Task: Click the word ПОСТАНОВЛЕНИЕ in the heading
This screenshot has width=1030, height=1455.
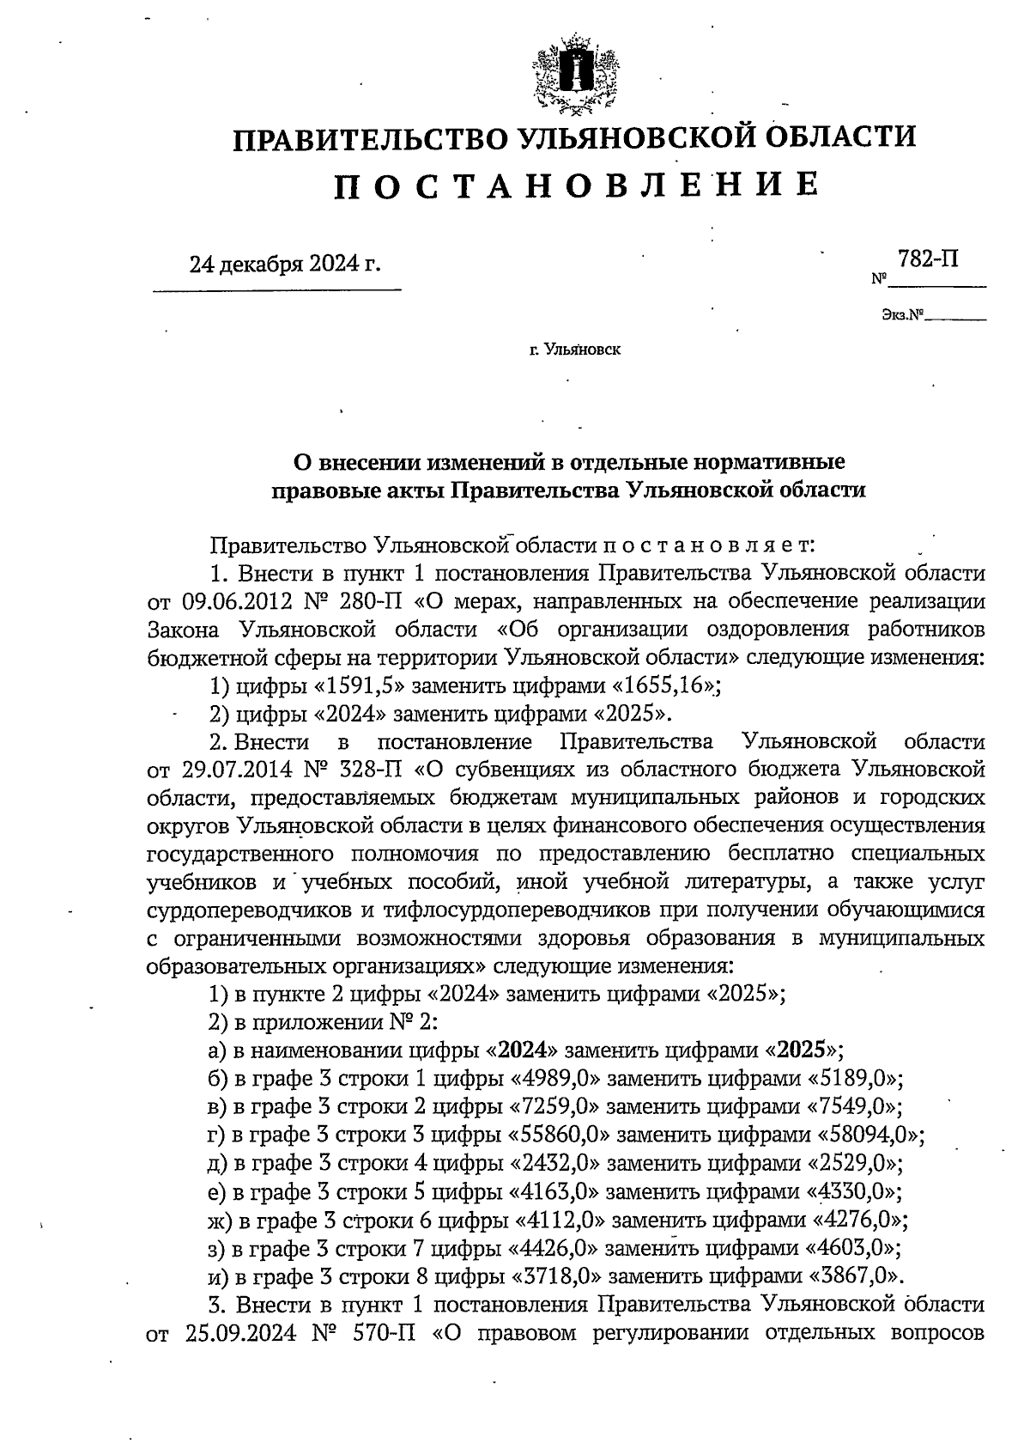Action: tap(575, 185)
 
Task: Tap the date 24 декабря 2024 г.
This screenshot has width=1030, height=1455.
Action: tap(284, 264)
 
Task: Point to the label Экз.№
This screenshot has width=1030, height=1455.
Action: tap(900, 316)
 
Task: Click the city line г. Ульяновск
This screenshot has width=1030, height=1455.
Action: tap(575, 350)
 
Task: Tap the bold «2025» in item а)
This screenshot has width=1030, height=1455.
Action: tap(797, 1050)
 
